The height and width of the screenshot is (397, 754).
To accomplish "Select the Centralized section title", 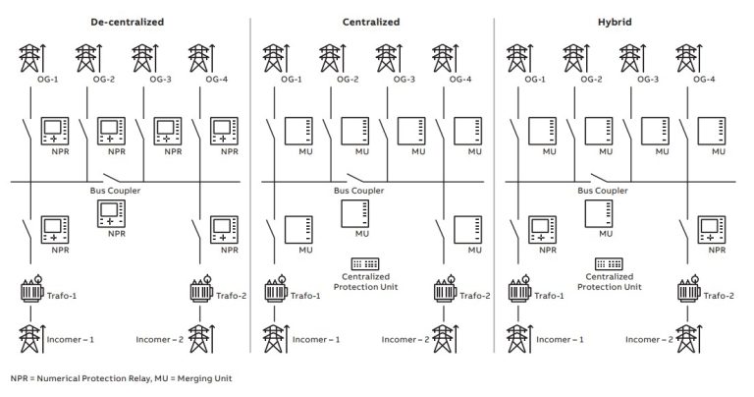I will click(x=369, y=21).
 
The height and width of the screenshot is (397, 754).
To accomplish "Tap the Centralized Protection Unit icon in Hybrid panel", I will click(x=606, y=264).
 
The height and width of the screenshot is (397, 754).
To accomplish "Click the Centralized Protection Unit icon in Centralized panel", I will click(x=362, y=264).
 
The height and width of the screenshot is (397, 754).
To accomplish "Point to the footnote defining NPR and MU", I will click(x=122, y=377).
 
